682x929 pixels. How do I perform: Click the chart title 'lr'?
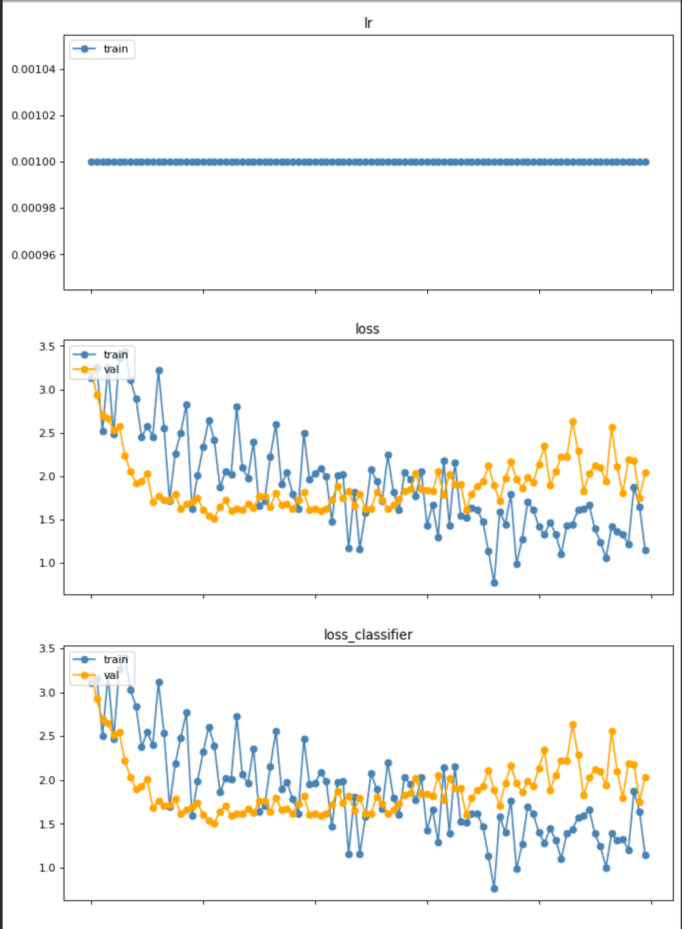[x=368, y=23]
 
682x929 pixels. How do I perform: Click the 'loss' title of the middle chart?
[x=368, y=329]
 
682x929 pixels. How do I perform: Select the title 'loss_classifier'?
[x=368, y=635]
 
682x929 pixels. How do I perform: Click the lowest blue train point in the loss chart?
[x=494, y=583]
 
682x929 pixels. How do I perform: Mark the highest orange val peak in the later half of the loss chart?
[x=573, y=422]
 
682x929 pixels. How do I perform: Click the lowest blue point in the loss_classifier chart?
[x=494, y=889]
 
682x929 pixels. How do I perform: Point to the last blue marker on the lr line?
[x=646, y=162]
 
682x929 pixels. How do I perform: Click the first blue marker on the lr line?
[x=92, y=162]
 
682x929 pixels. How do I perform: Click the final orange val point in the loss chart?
[x=646, y=473]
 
